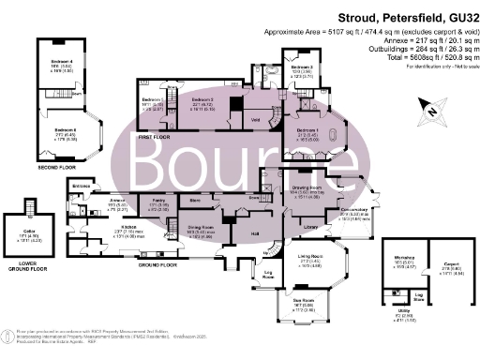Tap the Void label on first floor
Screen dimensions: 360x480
click(x=255, y=119)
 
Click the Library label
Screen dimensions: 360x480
click(x=309, y=226)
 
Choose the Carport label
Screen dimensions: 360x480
click(x=444, y=265)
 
